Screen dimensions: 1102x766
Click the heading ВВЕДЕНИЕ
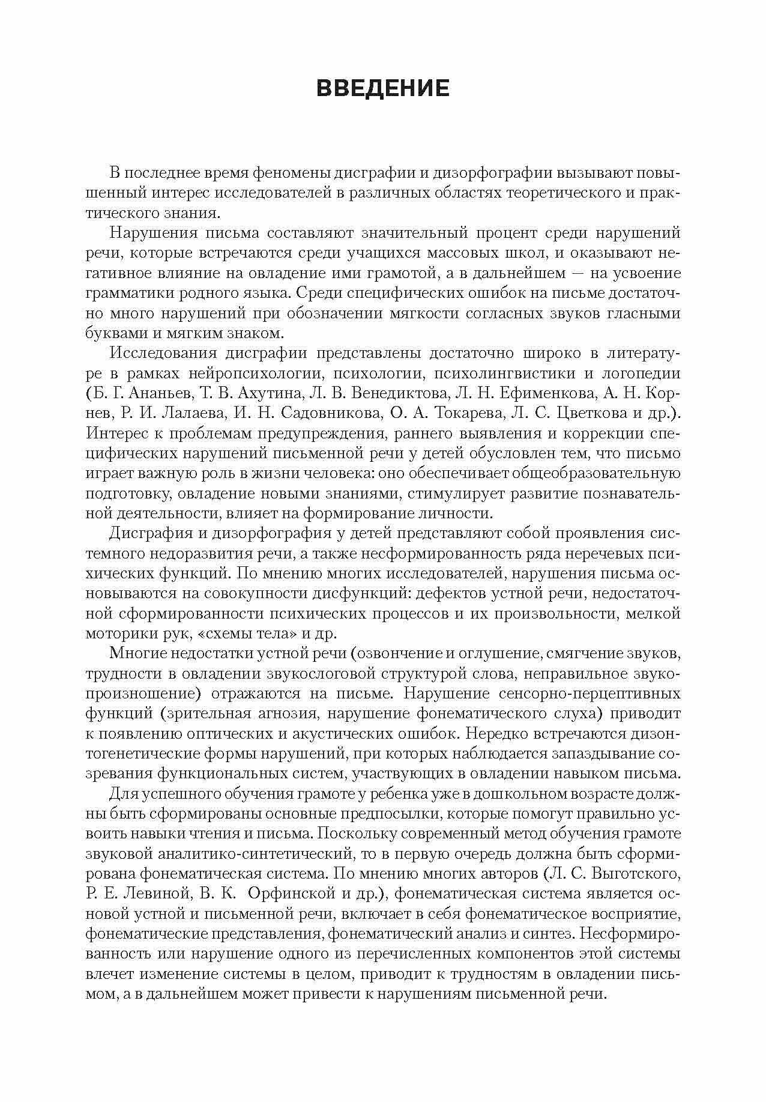click(382, 88)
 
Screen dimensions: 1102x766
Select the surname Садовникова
click(333, 414)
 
